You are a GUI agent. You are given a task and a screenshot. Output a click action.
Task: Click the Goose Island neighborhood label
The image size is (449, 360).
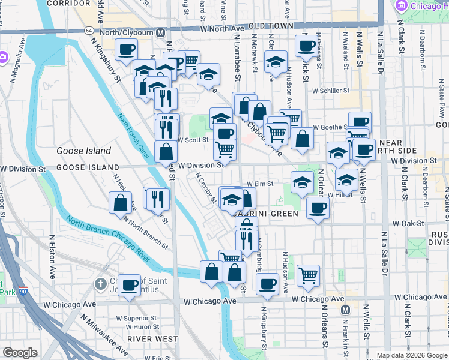pos(84,151)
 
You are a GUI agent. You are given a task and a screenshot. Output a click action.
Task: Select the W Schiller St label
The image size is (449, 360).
pos(331,90)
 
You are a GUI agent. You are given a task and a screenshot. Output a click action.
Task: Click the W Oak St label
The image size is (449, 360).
pos(408,223)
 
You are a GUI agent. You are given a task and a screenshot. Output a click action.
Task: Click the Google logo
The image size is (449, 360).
pos(20,353)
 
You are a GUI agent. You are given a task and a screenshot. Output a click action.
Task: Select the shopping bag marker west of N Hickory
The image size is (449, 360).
pos(120,203)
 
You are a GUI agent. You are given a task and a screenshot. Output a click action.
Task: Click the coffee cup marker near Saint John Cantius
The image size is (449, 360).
pos(129,284)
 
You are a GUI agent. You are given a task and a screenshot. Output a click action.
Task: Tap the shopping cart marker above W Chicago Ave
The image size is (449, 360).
pos(308,275)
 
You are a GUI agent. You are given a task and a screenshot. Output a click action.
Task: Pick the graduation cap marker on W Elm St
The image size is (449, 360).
pos(302,182)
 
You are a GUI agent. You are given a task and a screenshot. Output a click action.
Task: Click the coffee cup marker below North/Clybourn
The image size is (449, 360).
pos(126,49)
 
